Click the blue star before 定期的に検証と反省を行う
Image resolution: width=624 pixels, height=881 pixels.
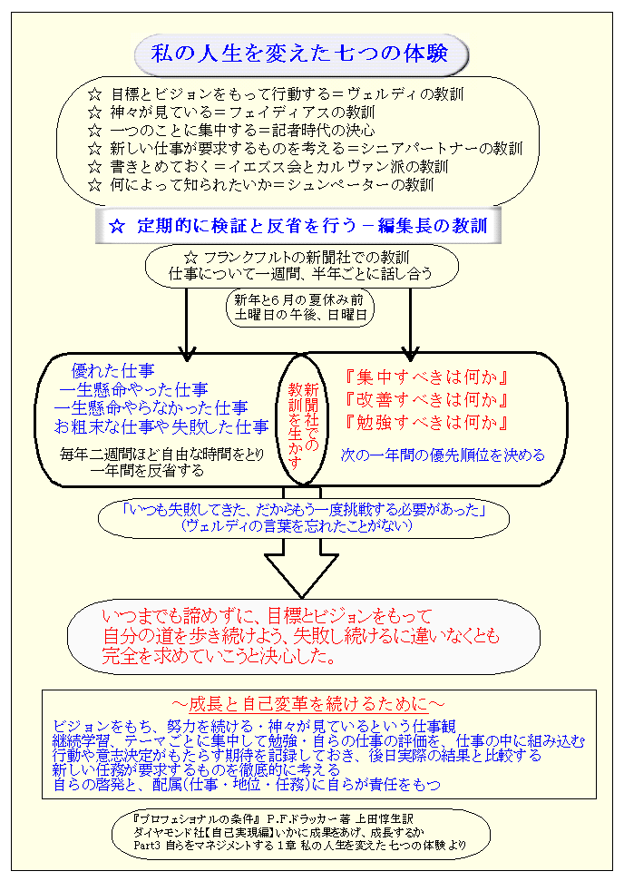click(x=115, y=227)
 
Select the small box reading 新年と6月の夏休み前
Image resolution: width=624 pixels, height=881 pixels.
click(x=300, y=307)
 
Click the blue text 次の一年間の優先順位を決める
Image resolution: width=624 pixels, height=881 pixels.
click(x=444, y=455)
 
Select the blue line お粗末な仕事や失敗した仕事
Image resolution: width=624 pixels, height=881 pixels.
click(x=161, y=426)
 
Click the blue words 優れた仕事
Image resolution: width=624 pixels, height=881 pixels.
click(x=112, y=370)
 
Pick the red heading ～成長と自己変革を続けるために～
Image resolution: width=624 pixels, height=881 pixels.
click(x=308, y=704)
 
